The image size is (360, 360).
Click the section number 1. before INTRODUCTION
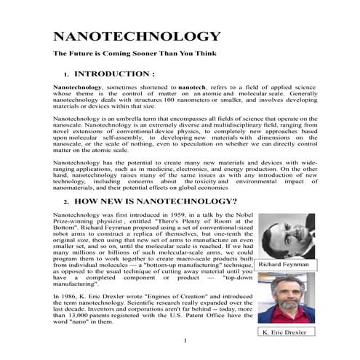66,74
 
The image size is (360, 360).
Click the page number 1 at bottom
186,342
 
